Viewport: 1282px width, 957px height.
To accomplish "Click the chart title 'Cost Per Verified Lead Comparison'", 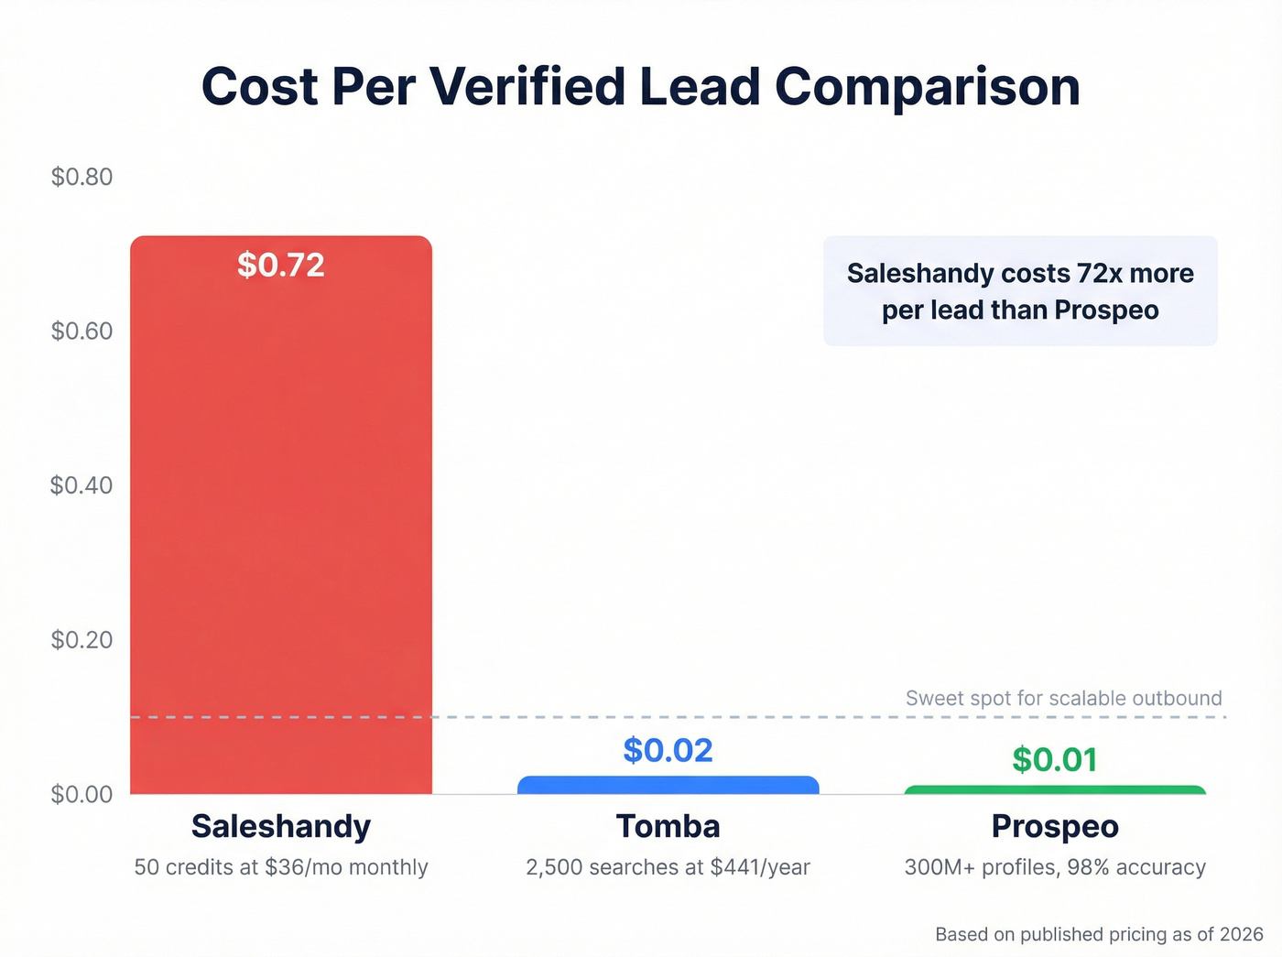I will (640, 87).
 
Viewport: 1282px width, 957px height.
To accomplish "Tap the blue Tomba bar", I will (668, 785).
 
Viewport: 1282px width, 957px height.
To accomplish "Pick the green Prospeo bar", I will (1055, 789).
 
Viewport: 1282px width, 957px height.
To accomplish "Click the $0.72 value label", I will (281, 266).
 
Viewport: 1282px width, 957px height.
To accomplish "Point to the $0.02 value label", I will (668, 750).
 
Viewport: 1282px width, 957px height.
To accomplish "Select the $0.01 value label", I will (1055, 759).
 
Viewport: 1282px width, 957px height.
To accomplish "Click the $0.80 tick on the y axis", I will (81, 177).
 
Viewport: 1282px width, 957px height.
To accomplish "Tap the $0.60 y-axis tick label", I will (81, 331).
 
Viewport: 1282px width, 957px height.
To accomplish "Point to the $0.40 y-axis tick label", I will (81, 485).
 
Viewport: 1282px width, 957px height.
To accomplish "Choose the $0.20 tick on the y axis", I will (81, 639).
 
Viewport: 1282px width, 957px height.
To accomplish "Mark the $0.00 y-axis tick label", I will (81, 794).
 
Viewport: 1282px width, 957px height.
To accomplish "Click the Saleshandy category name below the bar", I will (281, 826).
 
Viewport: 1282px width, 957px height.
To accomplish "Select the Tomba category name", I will (668, 826).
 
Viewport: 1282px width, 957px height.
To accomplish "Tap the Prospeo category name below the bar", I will (1055, 826).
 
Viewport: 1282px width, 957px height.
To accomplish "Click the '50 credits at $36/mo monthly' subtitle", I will (281, 867).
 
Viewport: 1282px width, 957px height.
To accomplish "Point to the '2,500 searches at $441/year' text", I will (668, 867).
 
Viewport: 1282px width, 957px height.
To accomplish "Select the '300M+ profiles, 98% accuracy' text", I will (1055, 867).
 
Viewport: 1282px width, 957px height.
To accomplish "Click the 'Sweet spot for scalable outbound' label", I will (1063, 698).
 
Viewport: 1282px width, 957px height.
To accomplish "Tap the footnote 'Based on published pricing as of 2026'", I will (1099, 934).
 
